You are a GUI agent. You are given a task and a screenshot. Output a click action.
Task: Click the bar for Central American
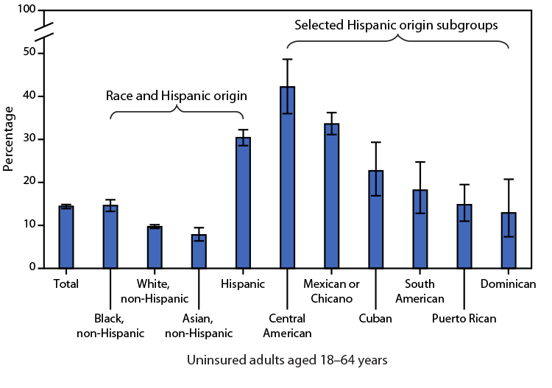tap(287, 177)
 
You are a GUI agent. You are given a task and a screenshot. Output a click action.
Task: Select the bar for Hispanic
tap(243, 202)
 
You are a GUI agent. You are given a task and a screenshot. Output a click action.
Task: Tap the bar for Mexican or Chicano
tap(331, 196)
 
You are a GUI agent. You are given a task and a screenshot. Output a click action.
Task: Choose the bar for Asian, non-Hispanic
tap(199, 251)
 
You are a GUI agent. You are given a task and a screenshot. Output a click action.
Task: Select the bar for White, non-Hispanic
tap(155, 247)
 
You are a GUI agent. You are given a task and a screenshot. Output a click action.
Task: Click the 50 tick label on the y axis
tap(29, 53)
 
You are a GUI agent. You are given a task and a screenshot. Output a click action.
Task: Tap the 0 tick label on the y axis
tap(32, 268)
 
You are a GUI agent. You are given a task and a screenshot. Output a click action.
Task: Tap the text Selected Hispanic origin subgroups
tap(397, 24)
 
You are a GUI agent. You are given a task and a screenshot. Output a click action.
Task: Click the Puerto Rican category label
tap(464, 319)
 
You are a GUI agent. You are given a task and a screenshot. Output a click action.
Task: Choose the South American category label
tap(420, 291)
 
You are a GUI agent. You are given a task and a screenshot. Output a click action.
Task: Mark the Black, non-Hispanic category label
tap(110, 325)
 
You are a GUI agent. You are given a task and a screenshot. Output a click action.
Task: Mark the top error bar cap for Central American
tap(287, 59)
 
